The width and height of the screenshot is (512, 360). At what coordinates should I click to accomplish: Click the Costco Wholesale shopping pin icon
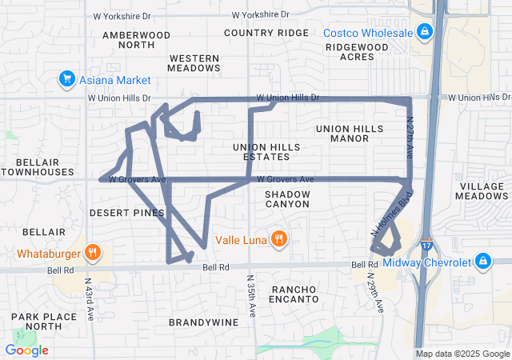[x=425, y=33]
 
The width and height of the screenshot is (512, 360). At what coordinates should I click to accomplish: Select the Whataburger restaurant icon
[x=93, y=254]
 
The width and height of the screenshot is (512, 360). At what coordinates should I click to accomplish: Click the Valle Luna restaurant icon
[x=278, y=238]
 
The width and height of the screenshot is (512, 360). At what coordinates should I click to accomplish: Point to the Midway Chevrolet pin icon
[x=483, y=262]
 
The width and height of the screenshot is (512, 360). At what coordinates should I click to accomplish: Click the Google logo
[x=27, y=350]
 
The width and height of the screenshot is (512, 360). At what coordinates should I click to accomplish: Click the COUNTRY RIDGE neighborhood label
[x=266, y=33]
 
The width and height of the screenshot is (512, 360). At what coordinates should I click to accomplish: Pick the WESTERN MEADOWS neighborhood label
[x=194, y=63]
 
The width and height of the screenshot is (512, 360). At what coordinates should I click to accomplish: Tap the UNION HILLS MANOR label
[x=354, y=133]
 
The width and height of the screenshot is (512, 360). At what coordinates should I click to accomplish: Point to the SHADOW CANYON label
[x=286, y=199]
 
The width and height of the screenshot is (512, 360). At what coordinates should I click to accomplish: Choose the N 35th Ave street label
[x=252, y=296]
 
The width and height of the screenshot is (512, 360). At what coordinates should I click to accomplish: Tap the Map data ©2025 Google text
[x=462, y=354]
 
